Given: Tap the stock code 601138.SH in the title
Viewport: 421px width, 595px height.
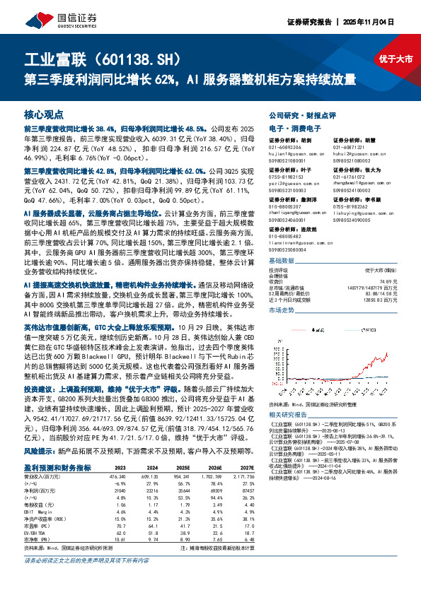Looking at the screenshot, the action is [126, 60].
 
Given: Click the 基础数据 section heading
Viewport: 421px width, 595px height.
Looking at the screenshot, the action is [280, 261].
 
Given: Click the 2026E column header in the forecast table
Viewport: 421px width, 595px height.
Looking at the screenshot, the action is [228, 468].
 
